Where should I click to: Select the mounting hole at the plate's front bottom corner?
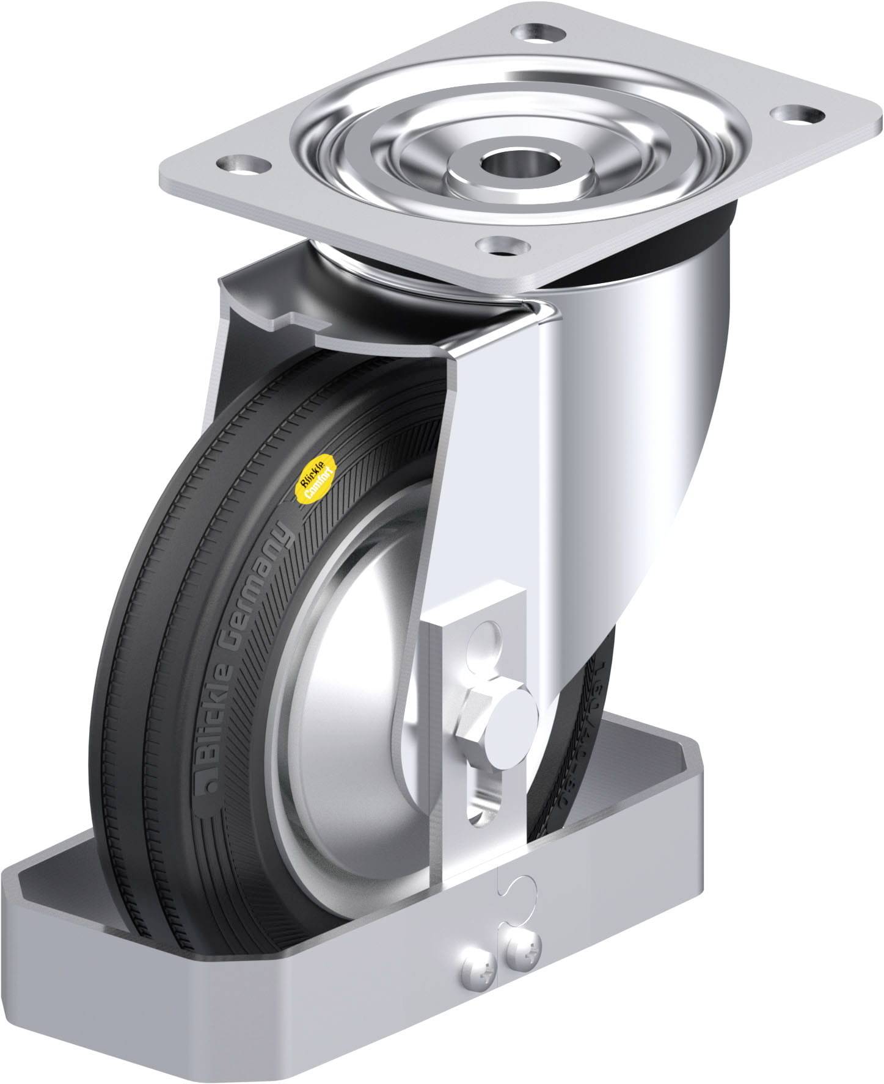click(502, 245)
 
